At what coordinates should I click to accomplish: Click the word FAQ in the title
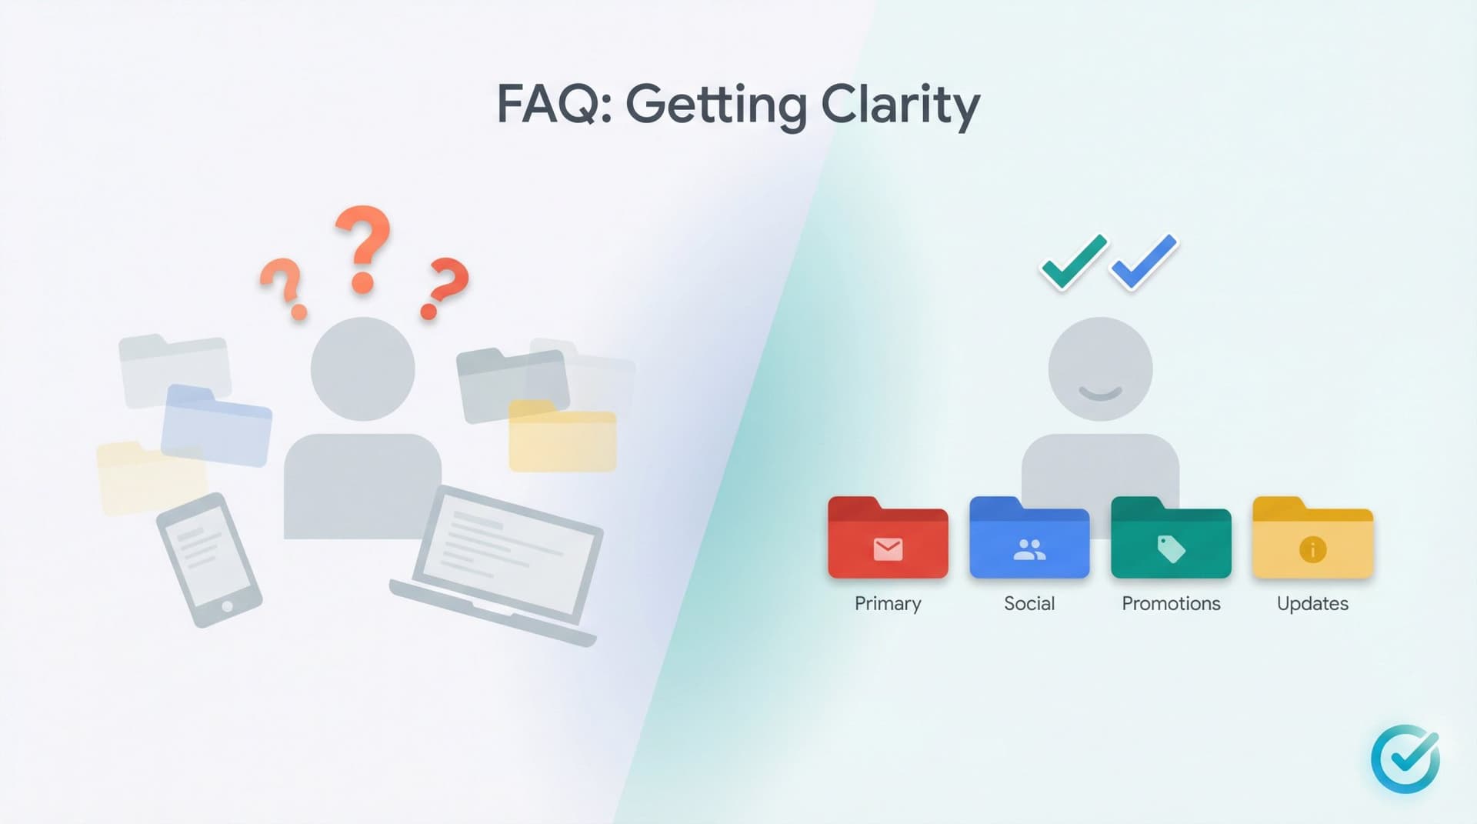(546, 104)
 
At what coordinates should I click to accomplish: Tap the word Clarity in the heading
(900, 105)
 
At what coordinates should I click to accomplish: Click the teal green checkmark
(1073, 262)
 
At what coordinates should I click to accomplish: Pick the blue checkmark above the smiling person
(1145, 262)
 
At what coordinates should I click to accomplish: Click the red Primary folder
(888, 539)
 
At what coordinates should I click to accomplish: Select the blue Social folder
(1029, 539)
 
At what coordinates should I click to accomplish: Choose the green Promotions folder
(1171, 539)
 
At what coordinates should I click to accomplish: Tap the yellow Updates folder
(1312, 539)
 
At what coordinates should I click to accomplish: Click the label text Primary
(888, 604)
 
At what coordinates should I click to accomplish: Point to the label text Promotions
(1171, 604)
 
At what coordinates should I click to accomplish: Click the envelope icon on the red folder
(888, 549)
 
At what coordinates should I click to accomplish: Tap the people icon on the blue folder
(1029, 549)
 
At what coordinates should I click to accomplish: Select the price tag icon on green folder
(1171, 549)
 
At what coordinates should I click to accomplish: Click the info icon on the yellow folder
(1312, 549)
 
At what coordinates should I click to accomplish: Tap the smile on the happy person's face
(1100, 394)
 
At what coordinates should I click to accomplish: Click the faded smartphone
(208, 559)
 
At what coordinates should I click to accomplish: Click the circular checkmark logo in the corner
(1405, 759)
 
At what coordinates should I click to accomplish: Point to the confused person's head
(362, 369)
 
